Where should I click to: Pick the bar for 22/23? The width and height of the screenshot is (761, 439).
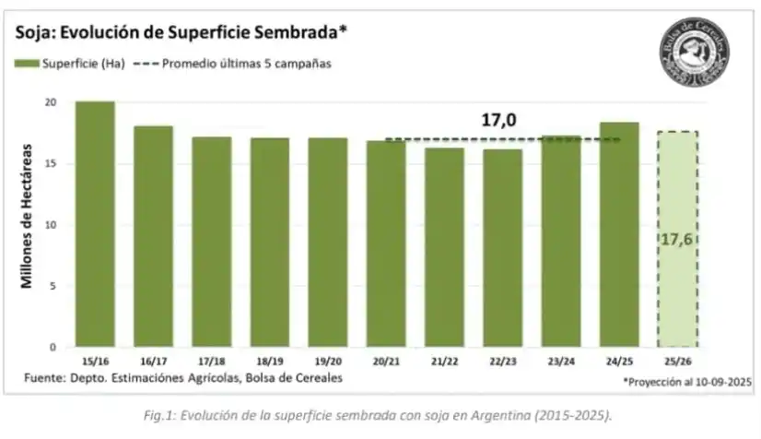pyautogui.click(x=501, y=248)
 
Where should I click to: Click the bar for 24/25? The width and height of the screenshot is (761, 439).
pyautogui.click(x=618, y=234)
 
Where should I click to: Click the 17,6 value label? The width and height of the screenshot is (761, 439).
pyautogui.click(x=676, y=239)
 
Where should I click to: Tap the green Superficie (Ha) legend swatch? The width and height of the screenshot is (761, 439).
pyautogui.click(x=27, y=65)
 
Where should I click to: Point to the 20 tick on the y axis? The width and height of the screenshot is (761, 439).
pyautogui.click(x=50, y=102)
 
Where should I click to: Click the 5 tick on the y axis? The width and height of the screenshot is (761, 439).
pyautogui.click(x=53, y=286)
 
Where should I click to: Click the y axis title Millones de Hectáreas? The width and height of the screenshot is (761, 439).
pyautogui.click(x=28, y=216)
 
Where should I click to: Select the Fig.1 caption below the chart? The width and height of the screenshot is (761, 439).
pyautogui.click(x=380, y=415)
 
